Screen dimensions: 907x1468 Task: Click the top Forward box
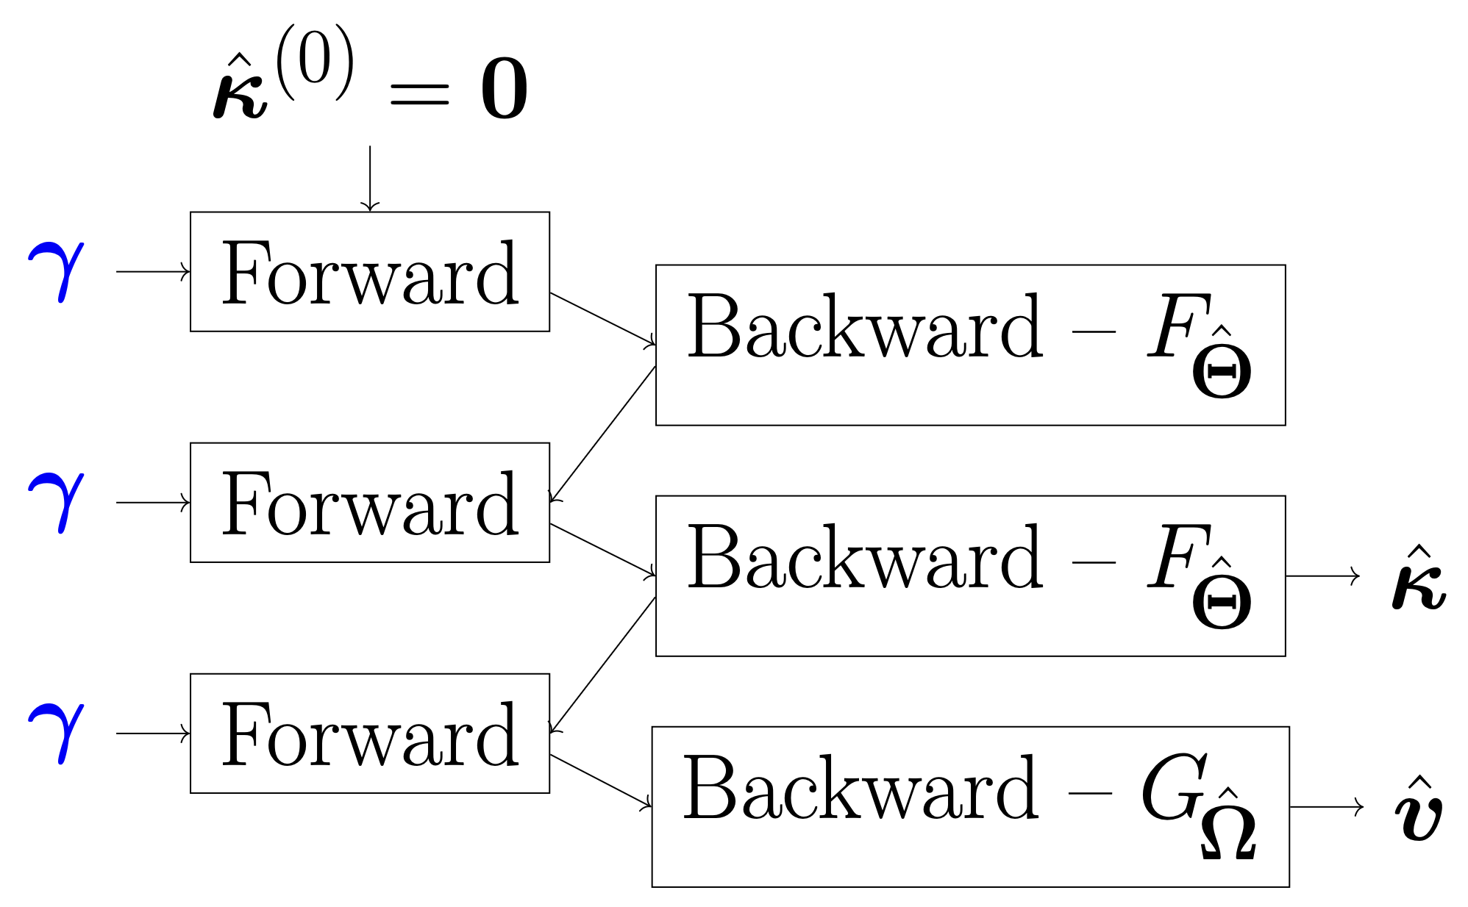pos(369,272)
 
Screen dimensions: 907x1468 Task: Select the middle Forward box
pos(369,503)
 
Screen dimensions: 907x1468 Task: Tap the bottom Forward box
pos(369,734)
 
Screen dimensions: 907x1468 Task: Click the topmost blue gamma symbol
pos(57,270)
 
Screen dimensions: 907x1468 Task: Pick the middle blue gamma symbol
pos(57,501)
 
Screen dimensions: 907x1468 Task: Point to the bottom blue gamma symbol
pos(57,732)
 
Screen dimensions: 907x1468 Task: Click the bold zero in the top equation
pos(504,90)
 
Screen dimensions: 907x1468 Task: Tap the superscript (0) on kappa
pos(316,63)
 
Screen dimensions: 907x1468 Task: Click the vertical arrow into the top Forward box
pos(370,178)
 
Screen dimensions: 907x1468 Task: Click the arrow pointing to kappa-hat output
pos(1322,576)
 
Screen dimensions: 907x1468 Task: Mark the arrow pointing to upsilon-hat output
pos(1325,807)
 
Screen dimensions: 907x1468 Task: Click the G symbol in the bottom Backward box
pos(1174,788)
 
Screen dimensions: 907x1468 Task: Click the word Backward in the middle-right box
pos(864,559)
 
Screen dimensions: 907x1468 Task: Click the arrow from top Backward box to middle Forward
pos(602,434)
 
